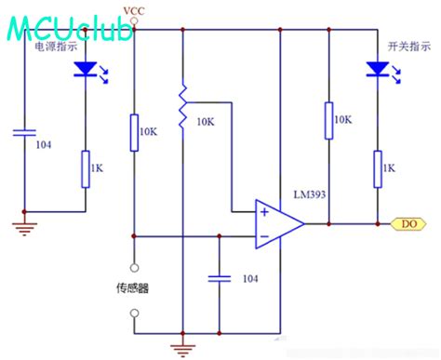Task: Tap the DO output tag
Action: tap(408, 223)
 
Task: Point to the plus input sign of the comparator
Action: tap(264, 212)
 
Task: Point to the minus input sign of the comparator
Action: tap(264, 235)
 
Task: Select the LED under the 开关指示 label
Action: tap(378, 68)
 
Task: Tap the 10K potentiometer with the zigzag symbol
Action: tap(182, 104)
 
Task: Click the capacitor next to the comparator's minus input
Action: tap(219, 277)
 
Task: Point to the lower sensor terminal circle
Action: tap(136, 313)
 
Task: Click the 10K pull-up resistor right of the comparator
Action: tap(327, 119)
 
